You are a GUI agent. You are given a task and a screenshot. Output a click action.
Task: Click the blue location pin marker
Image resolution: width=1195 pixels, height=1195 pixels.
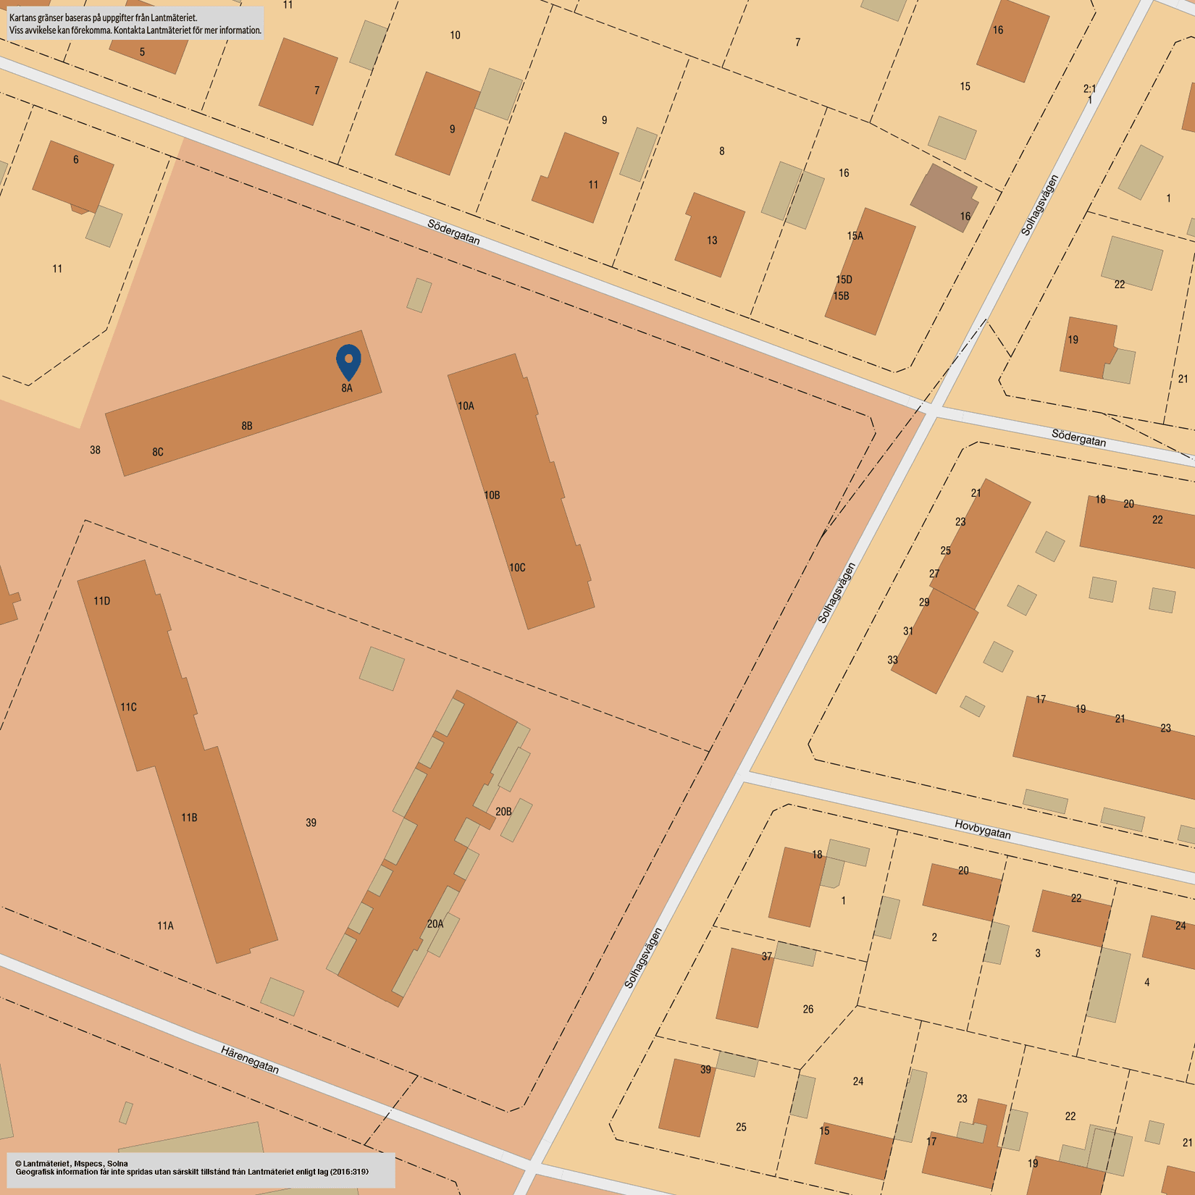pos(348,361)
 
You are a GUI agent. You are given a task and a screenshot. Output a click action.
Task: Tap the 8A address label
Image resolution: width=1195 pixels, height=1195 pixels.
pos(347,388)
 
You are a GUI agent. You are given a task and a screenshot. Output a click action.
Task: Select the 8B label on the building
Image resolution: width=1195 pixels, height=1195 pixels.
pos(247,426)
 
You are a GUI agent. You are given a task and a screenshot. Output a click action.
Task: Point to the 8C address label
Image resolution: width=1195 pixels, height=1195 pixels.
pos(158,452)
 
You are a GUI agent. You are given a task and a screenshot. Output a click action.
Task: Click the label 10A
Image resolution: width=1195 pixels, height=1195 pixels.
pos(466,406)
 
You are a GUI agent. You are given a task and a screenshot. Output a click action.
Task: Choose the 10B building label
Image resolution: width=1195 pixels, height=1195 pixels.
pos(492,495)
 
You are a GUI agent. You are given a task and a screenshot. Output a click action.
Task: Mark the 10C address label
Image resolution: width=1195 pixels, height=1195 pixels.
pos(517,568)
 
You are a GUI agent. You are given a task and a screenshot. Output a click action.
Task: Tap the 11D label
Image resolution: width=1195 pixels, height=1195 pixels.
pos(102,601)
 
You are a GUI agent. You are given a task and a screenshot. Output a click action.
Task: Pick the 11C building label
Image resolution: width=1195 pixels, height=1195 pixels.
pos(128,707)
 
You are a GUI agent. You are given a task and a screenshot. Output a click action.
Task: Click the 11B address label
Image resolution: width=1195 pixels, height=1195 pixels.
pos(189,818)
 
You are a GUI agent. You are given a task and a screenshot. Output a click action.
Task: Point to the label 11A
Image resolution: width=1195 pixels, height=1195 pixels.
pos(165,926)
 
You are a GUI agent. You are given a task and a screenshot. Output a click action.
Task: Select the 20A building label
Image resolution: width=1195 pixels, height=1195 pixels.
pos(435,924)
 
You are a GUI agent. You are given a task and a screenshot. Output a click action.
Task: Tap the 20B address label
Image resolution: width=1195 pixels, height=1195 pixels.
pos(503,812)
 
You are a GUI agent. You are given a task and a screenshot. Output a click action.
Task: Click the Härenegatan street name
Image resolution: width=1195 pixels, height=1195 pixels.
pos(250,1060)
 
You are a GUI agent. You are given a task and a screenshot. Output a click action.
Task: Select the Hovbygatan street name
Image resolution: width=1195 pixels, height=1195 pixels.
pos(982,829)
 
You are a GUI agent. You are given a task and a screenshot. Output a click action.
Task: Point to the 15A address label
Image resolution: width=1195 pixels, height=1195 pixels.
pos(855,236)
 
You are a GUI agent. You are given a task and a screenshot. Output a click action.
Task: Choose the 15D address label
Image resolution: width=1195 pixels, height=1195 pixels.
pos(844,280)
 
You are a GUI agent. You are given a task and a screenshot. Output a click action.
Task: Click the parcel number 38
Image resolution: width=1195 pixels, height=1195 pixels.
pos(95,450)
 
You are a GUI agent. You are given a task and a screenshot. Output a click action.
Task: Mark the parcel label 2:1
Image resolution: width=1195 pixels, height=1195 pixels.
pos(1089,89)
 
